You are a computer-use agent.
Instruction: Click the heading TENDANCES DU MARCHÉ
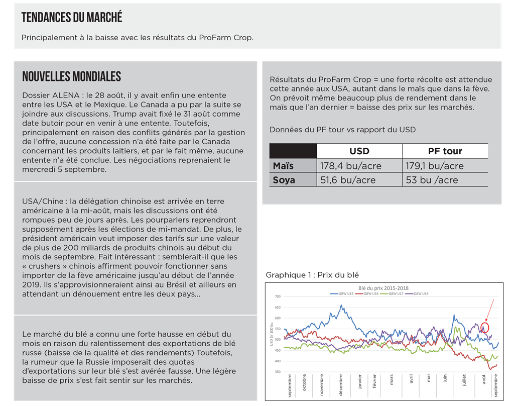(72, 18)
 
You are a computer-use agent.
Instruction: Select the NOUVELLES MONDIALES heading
(71, 76)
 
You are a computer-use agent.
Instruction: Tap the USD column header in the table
(359, 151)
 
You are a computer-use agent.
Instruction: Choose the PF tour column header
(445, 151)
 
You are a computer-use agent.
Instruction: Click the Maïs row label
(283, 165)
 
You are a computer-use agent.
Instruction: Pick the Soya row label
(284, 179)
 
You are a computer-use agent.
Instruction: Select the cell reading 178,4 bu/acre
(350, 165)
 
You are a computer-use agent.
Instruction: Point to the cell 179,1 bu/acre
(434, 165)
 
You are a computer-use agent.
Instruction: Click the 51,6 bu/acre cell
(347, 179)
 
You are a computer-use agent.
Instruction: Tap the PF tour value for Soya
(432, 179)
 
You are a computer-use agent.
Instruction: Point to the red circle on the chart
(484, 328)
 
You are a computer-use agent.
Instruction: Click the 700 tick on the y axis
(278, 296)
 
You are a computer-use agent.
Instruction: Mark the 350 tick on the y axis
(278, 372)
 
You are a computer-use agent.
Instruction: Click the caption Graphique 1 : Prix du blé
(312, 275)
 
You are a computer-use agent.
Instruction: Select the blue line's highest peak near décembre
(342, 305)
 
